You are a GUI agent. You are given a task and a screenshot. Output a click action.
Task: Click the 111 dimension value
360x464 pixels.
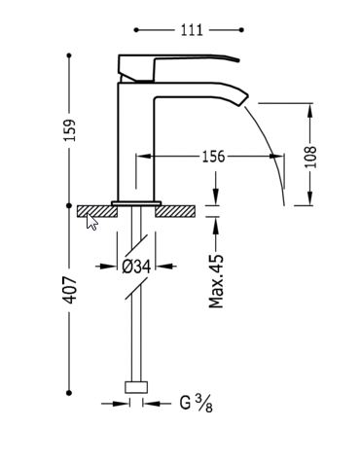tap(192, 30)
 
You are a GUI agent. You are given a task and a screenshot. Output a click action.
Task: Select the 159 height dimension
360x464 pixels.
tap(70, 130)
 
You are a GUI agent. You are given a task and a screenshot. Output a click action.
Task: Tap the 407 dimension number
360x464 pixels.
tap(69, 290)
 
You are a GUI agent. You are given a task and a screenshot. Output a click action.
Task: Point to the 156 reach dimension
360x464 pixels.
tap(213, 157)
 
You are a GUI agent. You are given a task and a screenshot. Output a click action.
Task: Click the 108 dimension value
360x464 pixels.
tap(310, 157)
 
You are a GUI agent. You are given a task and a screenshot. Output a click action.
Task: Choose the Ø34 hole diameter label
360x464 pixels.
tap(136, 267)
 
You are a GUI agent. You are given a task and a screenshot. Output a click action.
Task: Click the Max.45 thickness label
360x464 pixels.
tap(216, 281)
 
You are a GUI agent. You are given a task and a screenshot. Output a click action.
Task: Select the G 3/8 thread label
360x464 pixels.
tap(197, 404)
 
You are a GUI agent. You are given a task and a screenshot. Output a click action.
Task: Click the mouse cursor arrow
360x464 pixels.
tap(91, 222)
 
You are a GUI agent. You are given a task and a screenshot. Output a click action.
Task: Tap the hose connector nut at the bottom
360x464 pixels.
tap(136, 387)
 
